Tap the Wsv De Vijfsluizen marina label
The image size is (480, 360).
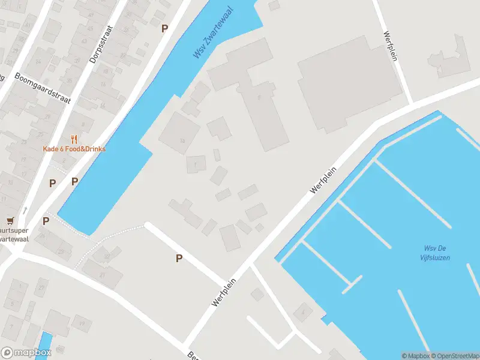435,253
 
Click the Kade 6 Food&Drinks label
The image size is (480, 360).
74,149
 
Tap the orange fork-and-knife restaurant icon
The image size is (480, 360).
74,139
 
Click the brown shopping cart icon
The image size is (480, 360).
10,221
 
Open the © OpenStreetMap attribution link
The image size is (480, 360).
454,356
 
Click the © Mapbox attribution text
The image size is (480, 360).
415,356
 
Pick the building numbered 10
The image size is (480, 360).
182,141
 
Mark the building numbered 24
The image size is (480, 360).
38,61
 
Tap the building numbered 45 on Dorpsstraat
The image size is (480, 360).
91,13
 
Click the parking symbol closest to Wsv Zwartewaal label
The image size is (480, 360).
165,28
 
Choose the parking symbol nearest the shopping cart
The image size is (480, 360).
46,221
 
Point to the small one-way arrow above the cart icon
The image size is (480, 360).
26,210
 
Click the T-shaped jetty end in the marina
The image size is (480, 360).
352,284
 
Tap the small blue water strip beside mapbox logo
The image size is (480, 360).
46,346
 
